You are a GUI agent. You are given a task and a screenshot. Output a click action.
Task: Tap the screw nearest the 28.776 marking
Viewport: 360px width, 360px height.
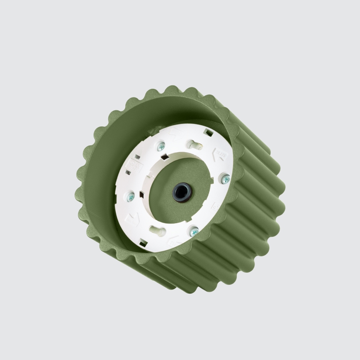(x=226, y=179)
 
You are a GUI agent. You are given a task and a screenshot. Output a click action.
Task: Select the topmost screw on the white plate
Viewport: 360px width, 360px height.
(x=161, y=146)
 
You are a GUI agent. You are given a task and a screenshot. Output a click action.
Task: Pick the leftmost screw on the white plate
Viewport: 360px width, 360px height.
(x=131, y=198)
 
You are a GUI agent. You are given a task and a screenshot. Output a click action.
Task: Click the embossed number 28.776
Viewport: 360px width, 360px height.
(x=220, y=156)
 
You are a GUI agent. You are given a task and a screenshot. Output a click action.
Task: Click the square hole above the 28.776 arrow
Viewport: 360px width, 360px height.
(x=209, y=132)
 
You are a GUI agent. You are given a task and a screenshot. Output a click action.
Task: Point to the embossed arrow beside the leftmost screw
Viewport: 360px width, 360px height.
(x=132, y=219)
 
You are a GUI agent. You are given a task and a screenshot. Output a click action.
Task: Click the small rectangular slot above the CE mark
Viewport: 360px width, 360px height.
(x=136, y=157)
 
